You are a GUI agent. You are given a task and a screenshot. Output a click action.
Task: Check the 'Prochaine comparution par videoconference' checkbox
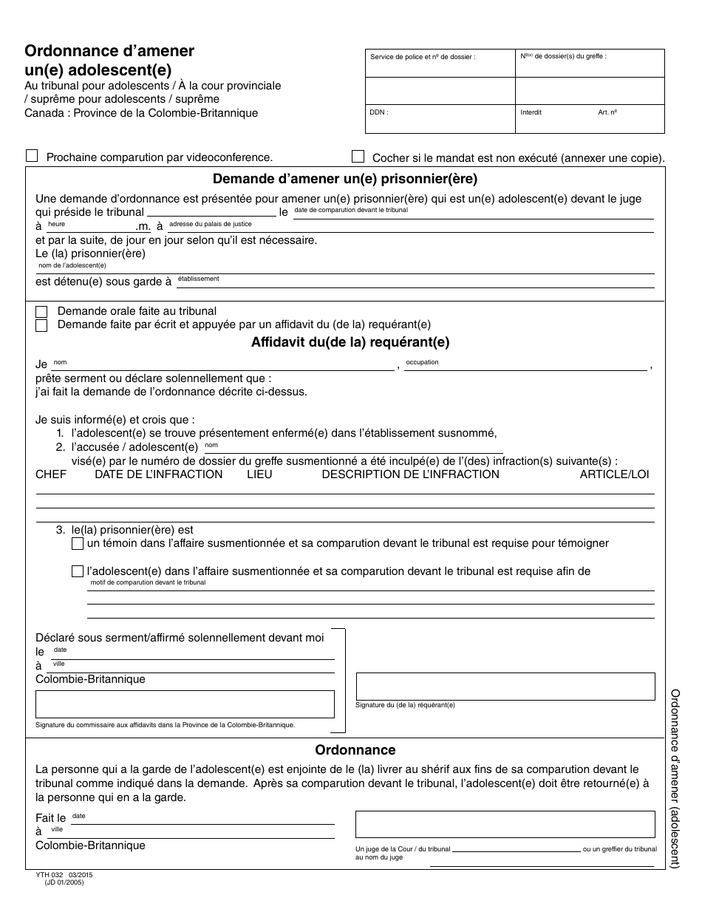[x=32, y=156]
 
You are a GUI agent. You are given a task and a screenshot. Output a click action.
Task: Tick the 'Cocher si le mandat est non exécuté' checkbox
[x=358, y=156]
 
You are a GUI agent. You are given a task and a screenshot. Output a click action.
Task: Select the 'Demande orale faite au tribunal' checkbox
[x=41, y=312]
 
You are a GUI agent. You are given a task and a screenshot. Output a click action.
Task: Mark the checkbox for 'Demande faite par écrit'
[x=41, y=325]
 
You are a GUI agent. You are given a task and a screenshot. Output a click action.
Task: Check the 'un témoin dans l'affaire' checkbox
[x=78, y=544]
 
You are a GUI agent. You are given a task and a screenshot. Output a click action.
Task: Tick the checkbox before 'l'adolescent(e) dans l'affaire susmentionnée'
[x=78, y=571]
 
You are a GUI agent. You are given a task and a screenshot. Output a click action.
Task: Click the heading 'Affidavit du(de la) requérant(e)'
[x=350, y=342]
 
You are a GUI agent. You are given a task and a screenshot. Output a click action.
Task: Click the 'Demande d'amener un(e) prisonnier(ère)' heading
[x=345, y=178]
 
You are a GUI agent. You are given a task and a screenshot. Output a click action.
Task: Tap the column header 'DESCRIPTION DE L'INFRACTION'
[x=410, y=474]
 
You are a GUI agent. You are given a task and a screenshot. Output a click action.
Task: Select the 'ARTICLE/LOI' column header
[x=614, y=474]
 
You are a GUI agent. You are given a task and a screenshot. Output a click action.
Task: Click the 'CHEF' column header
[x=51, y=474]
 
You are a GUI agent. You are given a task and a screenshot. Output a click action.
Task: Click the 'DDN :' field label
[x=379, y=113]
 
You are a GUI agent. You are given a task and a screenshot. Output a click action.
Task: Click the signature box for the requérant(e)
[x=505, y=686]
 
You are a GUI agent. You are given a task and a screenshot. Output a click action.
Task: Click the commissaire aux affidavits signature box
[x=185, y=704]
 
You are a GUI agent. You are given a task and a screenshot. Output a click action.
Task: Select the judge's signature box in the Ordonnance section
[x=505, y=824]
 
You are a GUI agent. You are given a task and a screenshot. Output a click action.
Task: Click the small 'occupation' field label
[x=422, y=362]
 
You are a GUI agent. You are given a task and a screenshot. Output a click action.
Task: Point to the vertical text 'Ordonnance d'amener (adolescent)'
[x=675, y=778]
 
